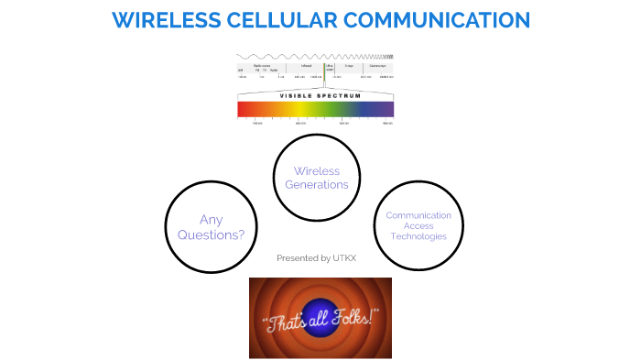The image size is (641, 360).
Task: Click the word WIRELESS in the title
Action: coord(161,19)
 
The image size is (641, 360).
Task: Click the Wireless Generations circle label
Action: coord(317,178)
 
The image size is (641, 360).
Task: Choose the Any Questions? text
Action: coord(222,227)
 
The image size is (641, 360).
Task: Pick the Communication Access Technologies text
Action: coord(418,225)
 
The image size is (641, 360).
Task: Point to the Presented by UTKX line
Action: coord(316,258)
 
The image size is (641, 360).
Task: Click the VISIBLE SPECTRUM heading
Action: coord(314,94)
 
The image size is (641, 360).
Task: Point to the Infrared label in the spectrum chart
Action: coord(306,66)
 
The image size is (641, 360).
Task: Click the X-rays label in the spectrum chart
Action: coord(348,66)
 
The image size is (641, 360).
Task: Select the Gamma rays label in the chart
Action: coord(375,66)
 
